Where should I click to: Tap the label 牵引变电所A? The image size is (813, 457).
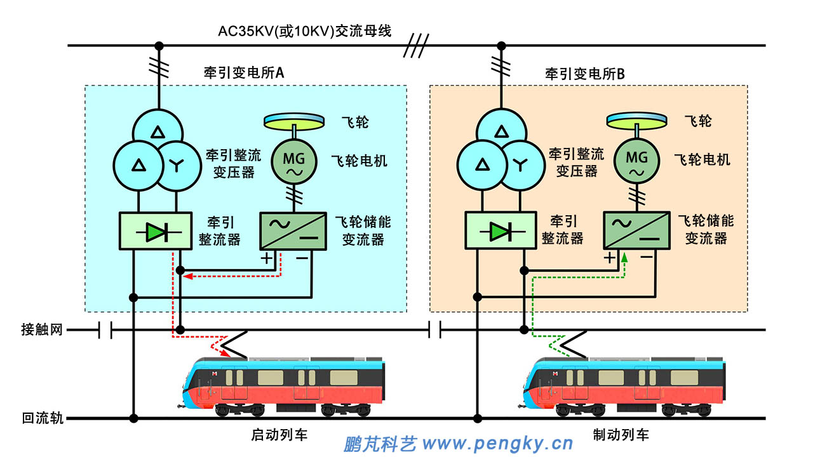coord(239,73)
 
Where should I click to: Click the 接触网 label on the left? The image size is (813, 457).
coord(42,329)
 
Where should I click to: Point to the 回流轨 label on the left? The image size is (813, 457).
coord(42,418)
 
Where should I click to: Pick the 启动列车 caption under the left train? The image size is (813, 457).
coord(279,435)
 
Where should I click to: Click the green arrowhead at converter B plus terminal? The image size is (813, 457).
coord(624,257)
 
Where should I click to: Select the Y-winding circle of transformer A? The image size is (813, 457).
coord(176,166)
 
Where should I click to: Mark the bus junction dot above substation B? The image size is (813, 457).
coord(501,46)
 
